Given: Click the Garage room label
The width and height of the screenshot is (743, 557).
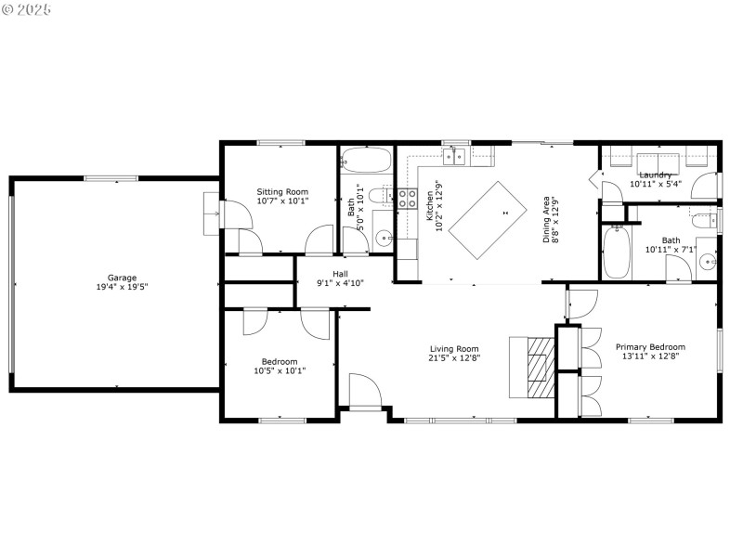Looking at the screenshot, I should [122, 278].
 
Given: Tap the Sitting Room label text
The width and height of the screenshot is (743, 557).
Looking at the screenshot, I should [282, 191].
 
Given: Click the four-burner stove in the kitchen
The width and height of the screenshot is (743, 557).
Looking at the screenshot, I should [407, 197].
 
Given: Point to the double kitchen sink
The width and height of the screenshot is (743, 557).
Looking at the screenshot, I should [454, 157].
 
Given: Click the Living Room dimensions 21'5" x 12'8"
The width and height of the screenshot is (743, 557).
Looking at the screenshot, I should [453, 358].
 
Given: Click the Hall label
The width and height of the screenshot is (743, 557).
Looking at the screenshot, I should [340, 274].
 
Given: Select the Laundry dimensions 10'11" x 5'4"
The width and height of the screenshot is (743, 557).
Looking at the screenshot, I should [656, 184].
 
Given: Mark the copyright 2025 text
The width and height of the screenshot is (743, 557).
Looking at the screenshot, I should [27, 9].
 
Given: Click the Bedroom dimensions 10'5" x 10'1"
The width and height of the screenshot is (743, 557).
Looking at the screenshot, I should [279, 370].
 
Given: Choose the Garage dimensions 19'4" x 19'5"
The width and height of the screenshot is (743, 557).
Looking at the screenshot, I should [122, 287].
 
